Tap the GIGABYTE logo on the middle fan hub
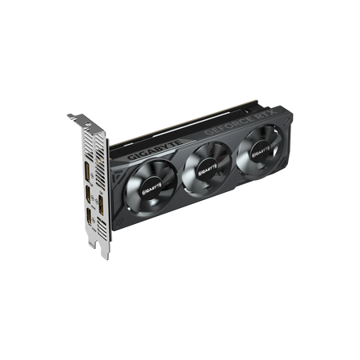207,169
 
